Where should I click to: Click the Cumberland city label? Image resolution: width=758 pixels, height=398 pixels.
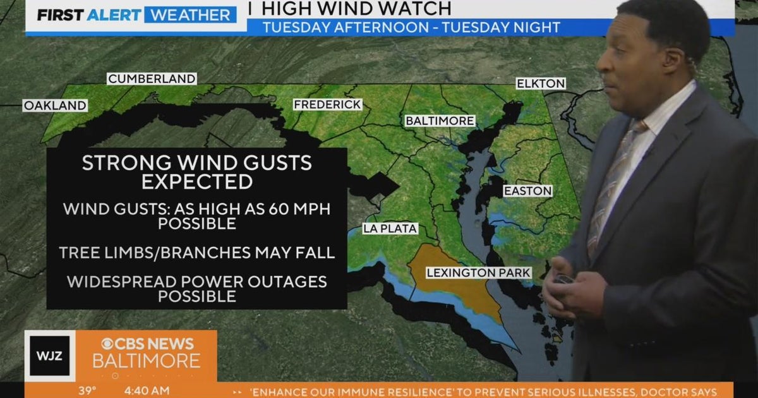coord(152,79)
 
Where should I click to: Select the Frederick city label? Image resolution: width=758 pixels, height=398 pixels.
coord(327,104)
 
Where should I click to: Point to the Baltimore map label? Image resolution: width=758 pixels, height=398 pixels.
coord(440,121)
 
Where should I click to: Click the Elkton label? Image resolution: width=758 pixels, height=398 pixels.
coord(541,83)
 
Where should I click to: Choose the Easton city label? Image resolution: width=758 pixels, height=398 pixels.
coord(527,191)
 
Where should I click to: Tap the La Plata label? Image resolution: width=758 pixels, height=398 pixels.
coord(390,229)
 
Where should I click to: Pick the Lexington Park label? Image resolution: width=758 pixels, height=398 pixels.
coord(478,273)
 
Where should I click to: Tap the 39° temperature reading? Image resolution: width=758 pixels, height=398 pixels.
coord(87,391)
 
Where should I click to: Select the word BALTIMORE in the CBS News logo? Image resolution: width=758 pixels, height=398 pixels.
coord(147,361)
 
